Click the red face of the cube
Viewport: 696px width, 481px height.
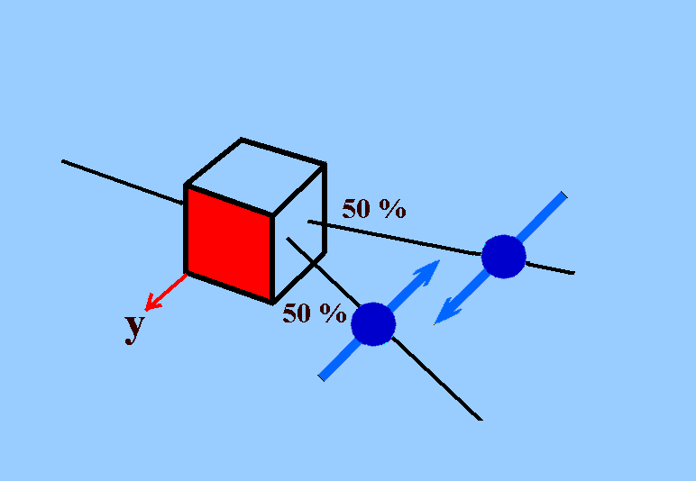(229, 245)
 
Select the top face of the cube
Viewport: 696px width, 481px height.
(255, 177)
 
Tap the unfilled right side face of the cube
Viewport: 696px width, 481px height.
(299, 234)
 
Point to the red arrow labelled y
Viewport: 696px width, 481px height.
(166, 292)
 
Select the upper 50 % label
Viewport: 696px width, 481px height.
(374, 209)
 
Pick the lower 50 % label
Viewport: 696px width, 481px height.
(315, 313)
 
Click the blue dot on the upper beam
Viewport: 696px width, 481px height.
(503, 257)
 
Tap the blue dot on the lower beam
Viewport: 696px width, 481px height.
(373, 324)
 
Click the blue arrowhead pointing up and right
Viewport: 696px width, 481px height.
(427, 272)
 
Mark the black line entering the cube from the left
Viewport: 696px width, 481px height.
(123, 182)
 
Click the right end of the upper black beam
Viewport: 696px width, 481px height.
(574, 273)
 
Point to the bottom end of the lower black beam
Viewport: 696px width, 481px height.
(481, 420)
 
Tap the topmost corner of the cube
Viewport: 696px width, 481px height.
(241, 140)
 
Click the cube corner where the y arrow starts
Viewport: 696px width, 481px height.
(187, 273)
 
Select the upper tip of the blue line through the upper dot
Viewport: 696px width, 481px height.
(564, 195)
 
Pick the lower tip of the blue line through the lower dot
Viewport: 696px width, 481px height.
(321, 378)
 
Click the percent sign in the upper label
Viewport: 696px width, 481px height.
(392, 209)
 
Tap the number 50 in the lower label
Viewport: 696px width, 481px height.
(297, 313)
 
